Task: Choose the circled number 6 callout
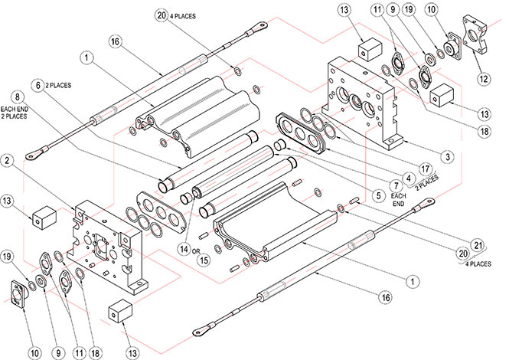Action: (37, 83)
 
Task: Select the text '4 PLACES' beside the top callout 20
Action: (183, 15)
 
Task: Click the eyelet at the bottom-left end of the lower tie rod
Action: (201, 331)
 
